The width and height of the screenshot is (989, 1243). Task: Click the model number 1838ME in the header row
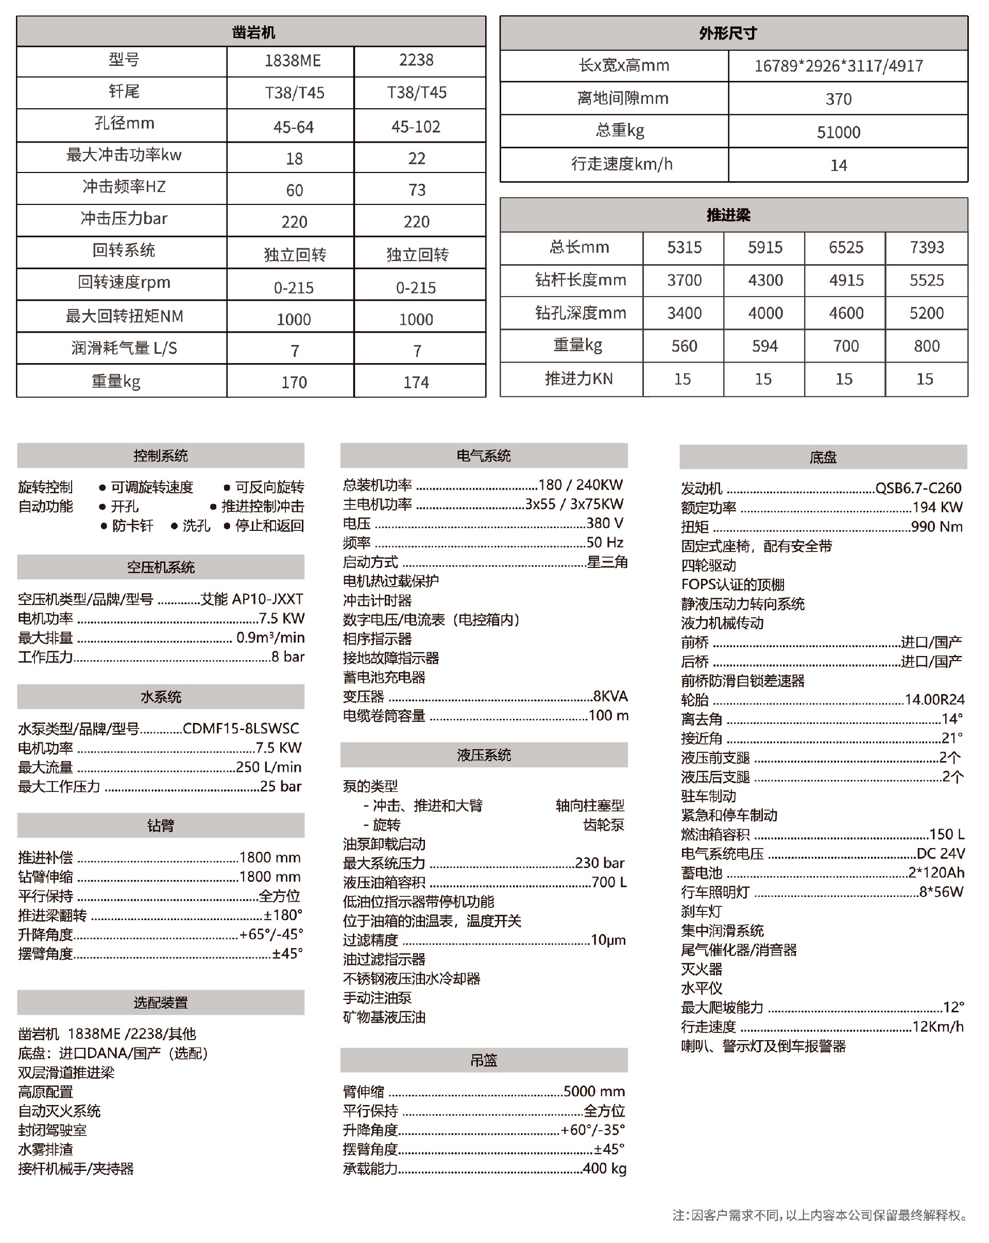coord(293,61)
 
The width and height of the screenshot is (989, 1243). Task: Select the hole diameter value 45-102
coord(415,127)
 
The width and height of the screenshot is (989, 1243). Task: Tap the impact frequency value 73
coord(416,189)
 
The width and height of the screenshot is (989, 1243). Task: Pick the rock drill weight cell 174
coord(416,382)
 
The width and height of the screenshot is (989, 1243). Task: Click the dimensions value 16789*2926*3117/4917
coord(839,66)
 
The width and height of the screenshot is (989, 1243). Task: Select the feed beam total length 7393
coord(927,247)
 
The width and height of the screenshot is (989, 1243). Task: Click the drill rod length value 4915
coord(846,280)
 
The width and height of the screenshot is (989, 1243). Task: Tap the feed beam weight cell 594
coord(765,346)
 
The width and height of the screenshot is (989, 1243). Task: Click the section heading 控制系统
coord(160,456)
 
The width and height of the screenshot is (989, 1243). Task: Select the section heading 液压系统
coord(483,755)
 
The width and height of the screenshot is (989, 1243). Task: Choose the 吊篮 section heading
coord(483,1060)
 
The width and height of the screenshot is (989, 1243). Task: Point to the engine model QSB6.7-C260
coord(918,488)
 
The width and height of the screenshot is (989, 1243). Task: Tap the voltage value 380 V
coord(605,524)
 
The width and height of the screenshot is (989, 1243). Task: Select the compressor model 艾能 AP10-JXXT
coord(252,599)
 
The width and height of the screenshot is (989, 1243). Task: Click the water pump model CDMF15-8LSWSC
coord(241,729)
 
